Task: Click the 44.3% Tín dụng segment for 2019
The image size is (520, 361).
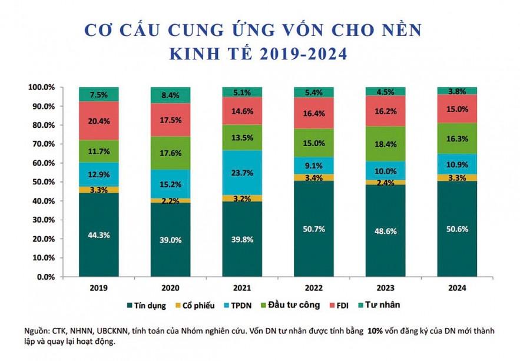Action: point(99,234)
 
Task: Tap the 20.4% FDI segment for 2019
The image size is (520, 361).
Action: point(99,121)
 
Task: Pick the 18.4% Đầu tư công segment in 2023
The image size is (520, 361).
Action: point(385,144)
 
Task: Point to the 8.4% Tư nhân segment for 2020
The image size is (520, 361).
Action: point(170,95)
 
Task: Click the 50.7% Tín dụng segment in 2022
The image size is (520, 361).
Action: point(313,228)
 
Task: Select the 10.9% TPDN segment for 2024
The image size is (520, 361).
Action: point(457,164)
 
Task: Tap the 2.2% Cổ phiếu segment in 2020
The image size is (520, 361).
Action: point(170,201)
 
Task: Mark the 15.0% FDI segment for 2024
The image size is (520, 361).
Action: point(457,109)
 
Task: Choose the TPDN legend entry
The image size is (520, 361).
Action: point(246,305)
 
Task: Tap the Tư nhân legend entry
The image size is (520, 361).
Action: point(383,305)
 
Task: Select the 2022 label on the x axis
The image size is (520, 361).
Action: point(313,288)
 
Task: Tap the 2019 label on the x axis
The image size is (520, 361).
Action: point(99,288)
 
